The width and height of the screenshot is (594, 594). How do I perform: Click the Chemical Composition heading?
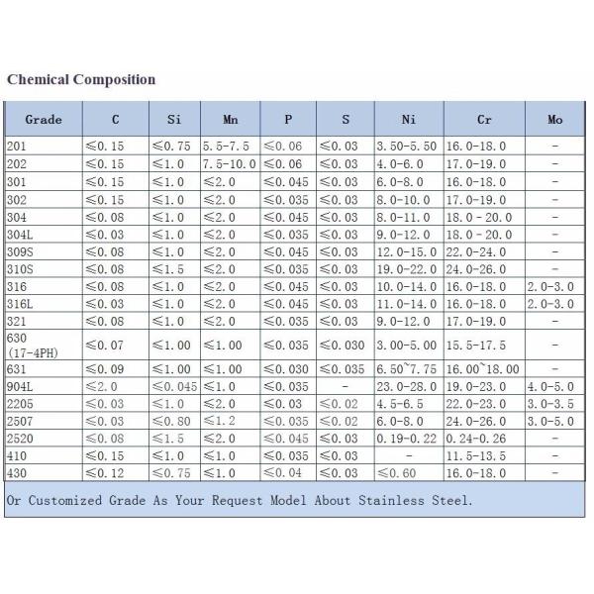81,79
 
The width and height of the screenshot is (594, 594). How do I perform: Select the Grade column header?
44,120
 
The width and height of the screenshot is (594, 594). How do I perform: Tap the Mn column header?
230,120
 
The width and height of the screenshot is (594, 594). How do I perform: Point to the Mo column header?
554,120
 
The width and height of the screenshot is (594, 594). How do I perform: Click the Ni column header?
409,120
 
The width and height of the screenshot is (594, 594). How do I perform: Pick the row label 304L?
20,236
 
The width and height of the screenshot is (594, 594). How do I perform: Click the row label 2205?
20,405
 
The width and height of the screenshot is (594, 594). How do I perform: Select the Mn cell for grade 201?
230,147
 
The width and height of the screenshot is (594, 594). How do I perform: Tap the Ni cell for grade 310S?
409,268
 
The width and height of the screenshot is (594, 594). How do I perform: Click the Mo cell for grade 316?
554,285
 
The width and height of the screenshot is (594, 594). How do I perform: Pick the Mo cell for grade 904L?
554,387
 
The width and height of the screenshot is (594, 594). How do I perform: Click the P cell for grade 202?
287,163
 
